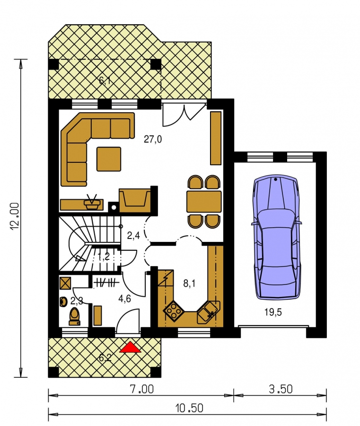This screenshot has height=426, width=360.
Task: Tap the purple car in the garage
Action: coord(277,237)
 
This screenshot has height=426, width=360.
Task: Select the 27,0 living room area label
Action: coord(153,139)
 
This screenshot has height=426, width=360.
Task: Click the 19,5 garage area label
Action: coord(273,312)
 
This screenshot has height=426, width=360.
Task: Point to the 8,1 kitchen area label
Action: coord(189,284)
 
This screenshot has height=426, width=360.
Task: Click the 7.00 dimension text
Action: coord(142,390)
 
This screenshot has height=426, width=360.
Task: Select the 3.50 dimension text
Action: coord(281,390)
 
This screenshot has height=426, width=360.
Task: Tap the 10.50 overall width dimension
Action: coord(189,408)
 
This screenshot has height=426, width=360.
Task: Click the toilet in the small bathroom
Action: coord(74,317)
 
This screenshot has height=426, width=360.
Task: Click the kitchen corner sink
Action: coord(209,312)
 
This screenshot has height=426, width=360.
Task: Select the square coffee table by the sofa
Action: coord(109,159)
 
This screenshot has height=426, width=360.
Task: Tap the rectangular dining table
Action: coord(204,201)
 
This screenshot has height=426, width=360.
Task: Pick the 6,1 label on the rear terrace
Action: coord(105,80)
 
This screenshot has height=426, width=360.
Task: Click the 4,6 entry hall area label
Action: coord(124,299)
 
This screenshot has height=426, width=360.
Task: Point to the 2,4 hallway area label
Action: coord(133,235)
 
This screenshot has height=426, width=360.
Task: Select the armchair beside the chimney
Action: coord(135,200)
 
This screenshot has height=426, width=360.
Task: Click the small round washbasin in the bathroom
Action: coord(63,302)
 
